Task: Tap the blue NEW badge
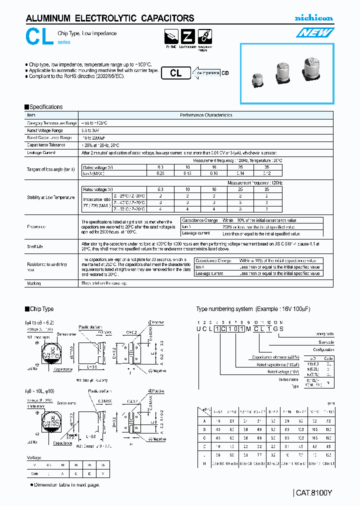pyautogui.click(x=315, y=33)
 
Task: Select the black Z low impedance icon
pyautogui.click(x=188, y=37)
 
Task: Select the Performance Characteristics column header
pyautogui.click(x=205, y=115)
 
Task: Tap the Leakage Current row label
pyautogui.click(x=41, y=152)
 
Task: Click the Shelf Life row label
pyautogui.click(x=35, y=246)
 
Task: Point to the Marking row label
pyautogui.click(x=33, y=283)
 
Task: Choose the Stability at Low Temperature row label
pyautogui.click(x=50, y=197)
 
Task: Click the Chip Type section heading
pyautogui.click(x=41, y=309)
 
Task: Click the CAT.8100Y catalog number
pyautogui.click(x=314, y=492)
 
